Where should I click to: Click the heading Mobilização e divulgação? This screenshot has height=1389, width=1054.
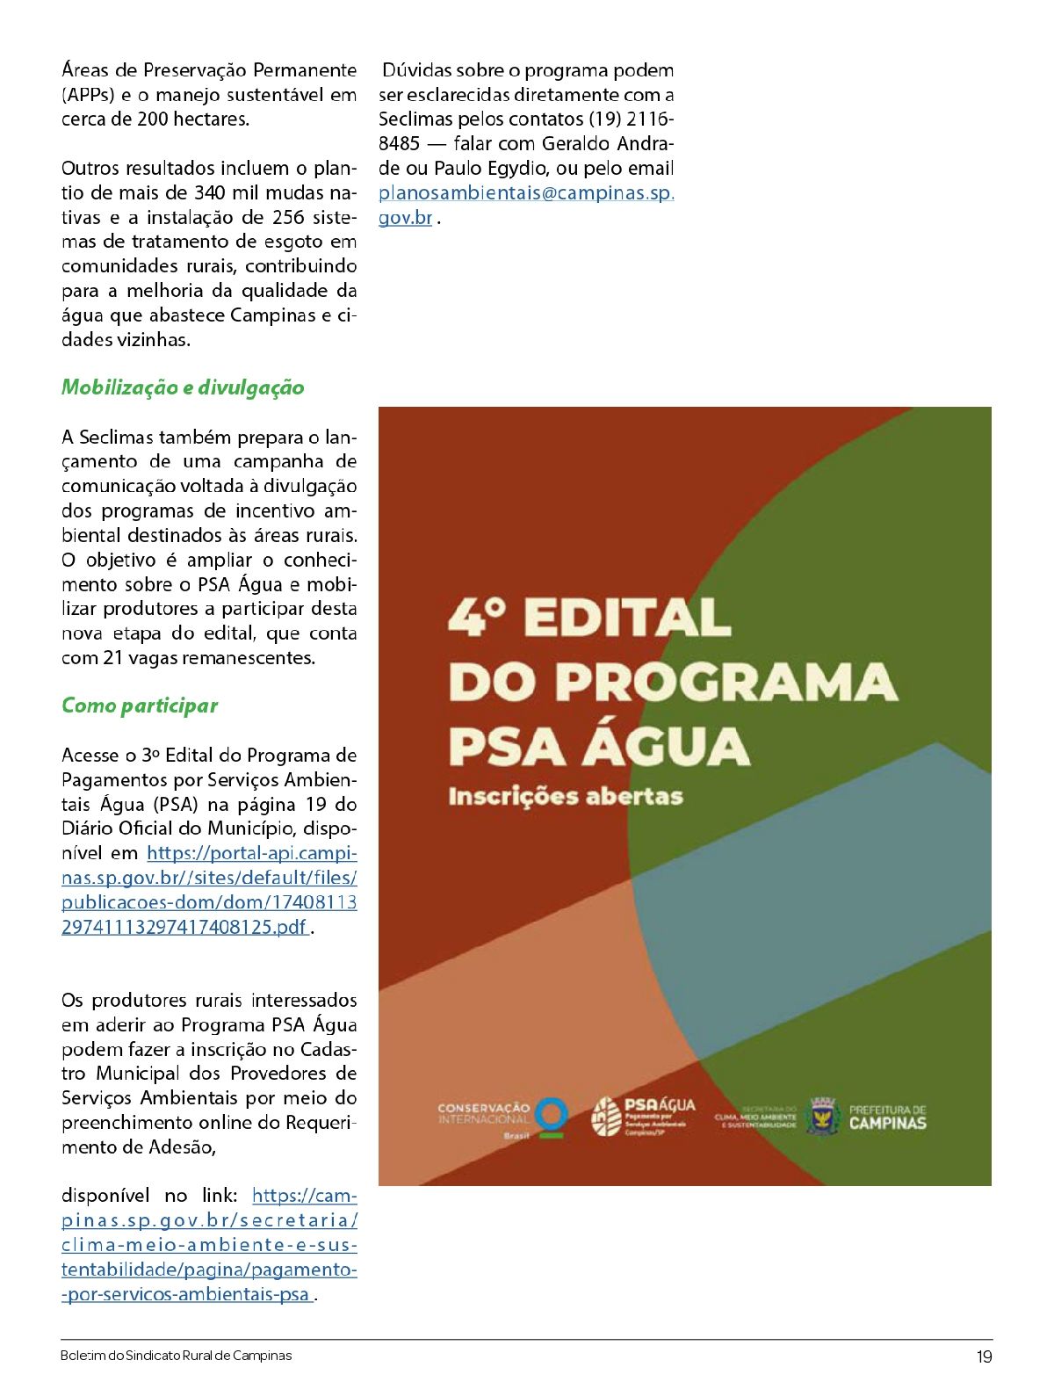[x=183, y=388]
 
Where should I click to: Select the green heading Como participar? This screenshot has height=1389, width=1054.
[x=140, y=706]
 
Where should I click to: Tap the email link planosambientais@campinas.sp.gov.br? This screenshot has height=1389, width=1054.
[x=525, y=193]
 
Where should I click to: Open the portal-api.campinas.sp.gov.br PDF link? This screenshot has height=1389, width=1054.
[x=209, y=890]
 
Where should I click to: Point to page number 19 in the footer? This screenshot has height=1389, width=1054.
[x=984, y=1356]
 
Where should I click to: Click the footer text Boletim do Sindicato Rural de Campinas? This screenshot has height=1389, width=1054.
[x=176, y=1356]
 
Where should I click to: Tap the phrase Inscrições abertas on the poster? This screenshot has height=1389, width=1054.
[x=565, y=796]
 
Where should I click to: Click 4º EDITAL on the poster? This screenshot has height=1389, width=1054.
[x=588, y=618]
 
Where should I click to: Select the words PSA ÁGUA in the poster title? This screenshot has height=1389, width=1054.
[x=599, y=746]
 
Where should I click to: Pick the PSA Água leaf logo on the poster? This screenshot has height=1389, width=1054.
[x=606, y=1117]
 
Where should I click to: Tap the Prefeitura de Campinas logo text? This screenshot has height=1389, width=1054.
[x=887, y=1117]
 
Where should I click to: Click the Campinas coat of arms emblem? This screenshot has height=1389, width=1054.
[x=823, y=1117]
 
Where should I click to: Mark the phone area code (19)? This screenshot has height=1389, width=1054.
[x=606, y=119]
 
